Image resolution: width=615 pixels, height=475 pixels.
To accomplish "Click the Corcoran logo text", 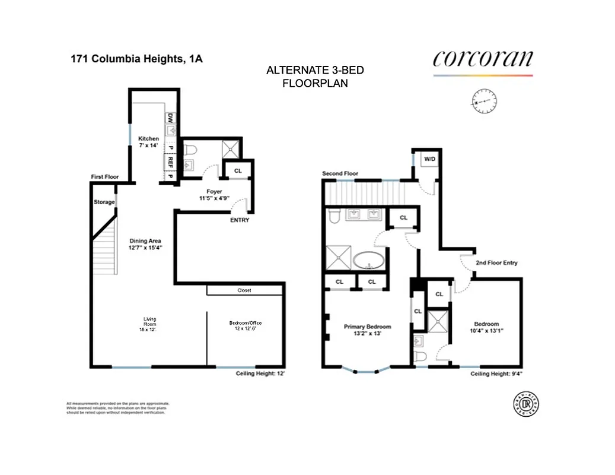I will [482, 59].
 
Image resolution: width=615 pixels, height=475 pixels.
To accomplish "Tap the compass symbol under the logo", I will [484, 102].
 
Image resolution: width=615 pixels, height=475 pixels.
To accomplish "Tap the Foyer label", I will [214, 191].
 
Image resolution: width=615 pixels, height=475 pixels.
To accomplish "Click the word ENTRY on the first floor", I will [240, 220].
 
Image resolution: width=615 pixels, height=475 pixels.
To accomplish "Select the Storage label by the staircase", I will [104, 202].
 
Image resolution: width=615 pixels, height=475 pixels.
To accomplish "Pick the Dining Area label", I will [146, 241].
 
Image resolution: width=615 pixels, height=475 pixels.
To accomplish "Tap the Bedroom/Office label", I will [245, 323].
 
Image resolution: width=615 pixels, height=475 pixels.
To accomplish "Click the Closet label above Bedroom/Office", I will [244, 291].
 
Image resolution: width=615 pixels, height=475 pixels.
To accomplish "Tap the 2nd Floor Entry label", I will [496, 262].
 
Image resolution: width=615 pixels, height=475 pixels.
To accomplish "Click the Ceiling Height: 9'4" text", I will [496, 374].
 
